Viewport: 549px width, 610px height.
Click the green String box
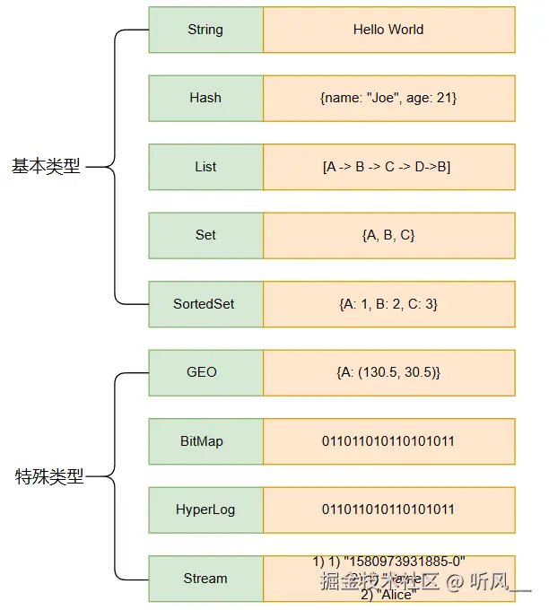pos(205,30)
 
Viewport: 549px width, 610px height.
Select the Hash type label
pos(205,98)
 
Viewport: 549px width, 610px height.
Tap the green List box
pos(205,167)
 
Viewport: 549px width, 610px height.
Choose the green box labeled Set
pos(205,235)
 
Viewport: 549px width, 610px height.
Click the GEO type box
pos(202,372)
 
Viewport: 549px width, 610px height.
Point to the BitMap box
pos(202,441)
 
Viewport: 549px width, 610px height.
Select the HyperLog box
pos(205,510)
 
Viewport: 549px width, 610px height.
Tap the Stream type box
pos(205,579)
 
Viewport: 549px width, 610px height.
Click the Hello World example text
pos(388,30)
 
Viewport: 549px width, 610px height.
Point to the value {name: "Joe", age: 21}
pos(388,98)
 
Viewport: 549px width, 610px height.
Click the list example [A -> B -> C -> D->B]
pos(387,167)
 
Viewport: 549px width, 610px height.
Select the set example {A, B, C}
pos(388,235)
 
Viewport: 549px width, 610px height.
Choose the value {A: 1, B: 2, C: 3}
pos(388,304)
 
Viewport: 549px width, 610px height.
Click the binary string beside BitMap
pos(388,441)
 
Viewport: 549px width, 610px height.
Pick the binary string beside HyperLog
pos(388,510)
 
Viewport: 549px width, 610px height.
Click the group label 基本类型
pos(46,167)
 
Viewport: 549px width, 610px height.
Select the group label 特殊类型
pos(49,476)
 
